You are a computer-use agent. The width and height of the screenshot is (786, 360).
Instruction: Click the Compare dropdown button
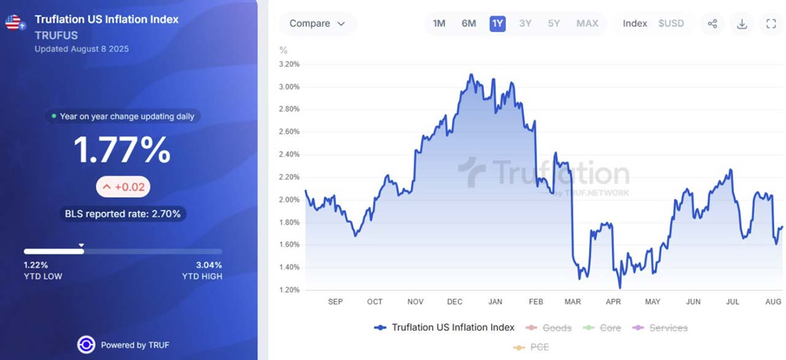pos(317,23)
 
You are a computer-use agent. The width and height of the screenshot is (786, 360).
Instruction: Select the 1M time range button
pos(439,23)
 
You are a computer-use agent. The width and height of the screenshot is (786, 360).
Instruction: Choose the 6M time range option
pos(469,23)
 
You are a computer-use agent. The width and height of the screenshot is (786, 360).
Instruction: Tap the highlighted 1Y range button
pos(497,23)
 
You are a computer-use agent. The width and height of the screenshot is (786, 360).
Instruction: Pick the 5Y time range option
pos(554,23)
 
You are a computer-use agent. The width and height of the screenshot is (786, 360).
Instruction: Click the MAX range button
pos(587,23)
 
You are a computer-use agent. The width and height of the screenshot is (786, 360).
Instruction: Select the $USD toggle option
pos(671,23)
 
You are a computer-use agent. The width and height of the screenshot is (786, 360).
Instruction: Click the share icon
pos(712,24)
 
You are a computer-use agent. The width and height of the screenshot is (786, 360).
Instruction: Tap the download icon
pos(742,24)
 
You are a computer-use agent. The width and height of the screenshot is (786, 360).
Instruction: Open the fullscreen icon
pos(771,24)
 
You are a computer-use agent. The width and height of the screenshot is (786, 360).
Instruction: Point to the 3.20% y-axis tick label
pos(289,64)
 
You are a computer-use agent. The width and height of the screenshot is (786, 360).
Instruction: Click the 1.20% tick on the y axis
pos(289,290)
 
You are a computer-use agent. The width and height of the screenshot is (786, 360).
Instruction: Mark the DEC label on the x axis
pos(455,302)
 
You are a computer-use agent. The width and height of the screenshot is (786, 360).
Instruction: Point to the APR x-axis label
pos(613,302)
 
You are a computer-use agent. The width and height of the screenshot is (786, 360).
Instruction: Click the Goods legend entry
pos(549,328)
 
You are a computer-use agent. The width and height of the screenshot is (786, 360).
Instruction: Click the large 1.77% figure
pos(122,150)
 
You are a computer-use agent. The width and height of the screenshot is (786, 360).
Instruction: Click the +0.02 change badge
pos(123,187)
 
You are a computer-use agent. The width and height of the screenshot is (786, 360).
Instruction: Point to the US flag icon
pos(14,23)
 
